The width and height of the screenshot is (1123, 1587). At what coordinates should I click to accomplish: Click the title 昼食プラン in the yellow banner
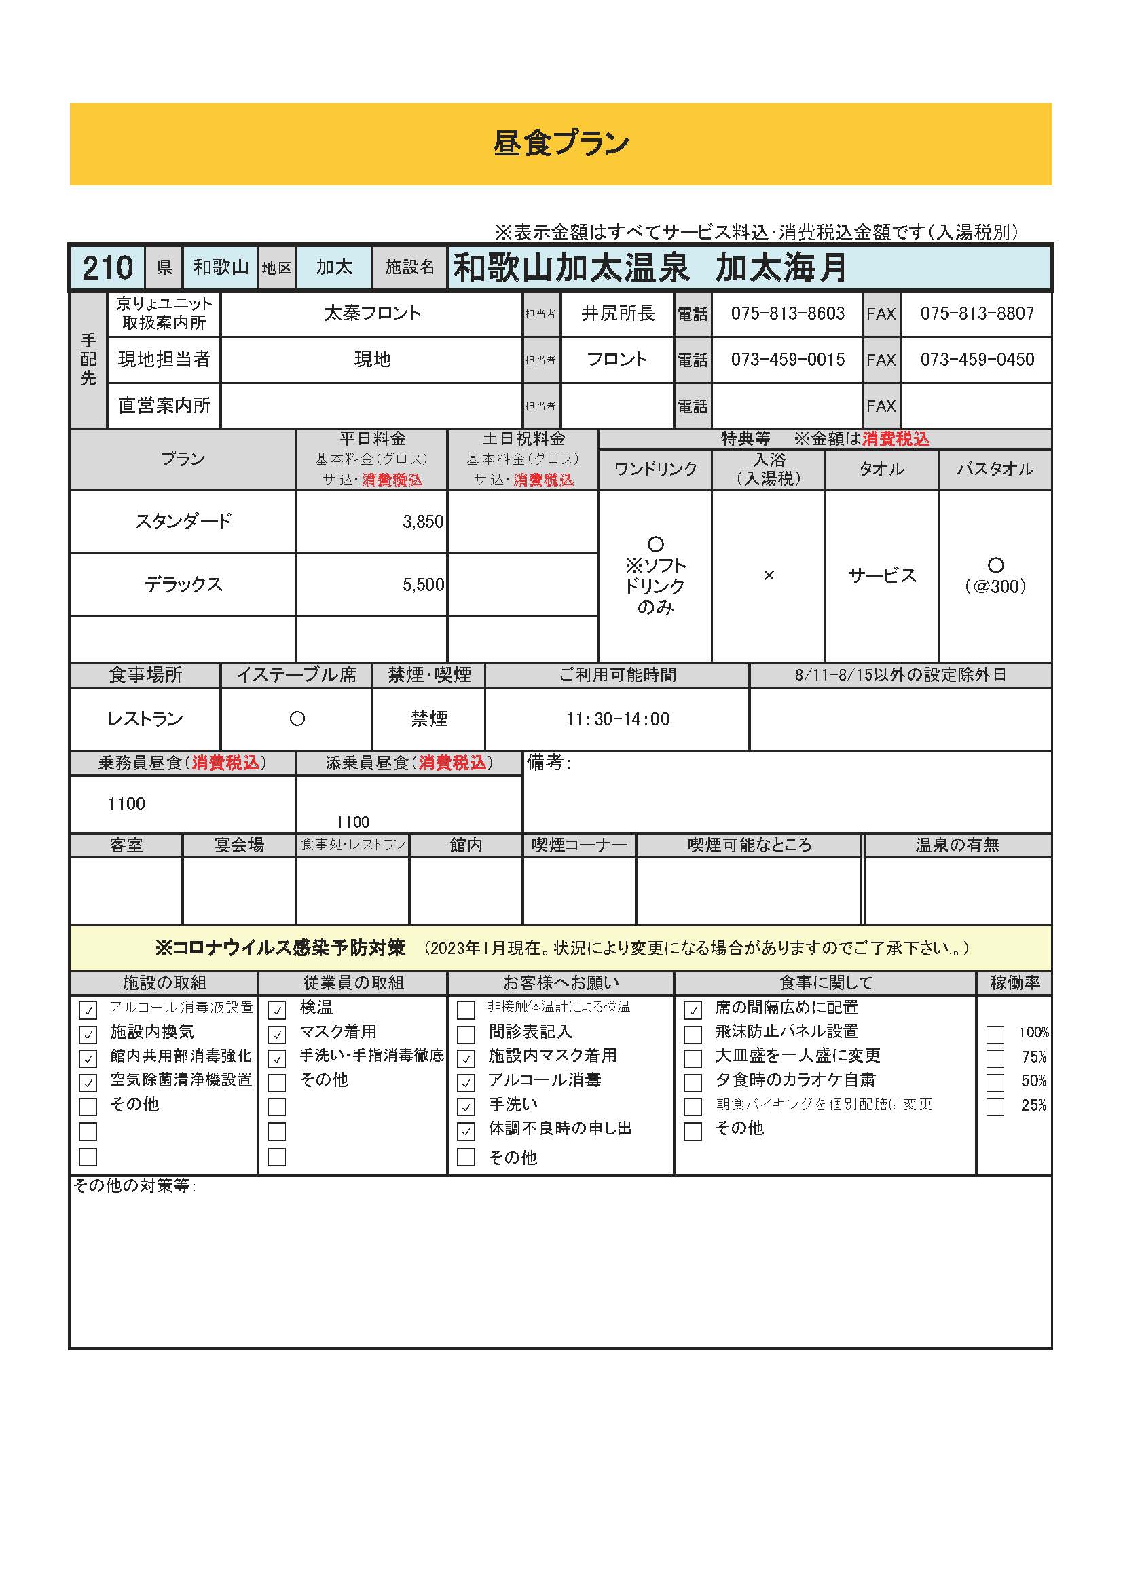pyautogui.click(x=561, y=144)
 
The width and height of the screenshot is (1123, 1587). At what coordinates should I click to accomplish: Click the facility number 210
pyautogui.click(x=107, y=267)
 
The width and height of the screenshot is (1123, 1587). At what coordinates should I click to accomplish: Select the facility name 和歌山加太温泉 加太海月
pyautogui.click(x=649, y=268)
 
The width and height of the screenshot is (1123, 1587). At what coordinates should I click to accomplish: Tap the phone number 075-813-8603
pyautogui.click(x=788, y=314)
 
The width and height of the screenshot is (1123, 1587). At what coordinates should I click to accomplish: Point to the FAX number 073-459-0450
pyautogui.click(x=976, y=360)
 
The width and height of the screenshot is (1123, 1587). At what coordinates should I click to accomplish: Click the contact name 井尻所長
pyautogui.click(x=617, y=314)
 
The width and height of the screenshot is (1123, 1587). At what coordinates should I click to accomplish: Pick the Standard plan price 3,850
pyautogui.click(x=422, y=522)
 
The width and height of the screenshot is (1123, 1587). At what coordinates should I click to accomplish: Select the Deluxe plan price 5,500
pyautogui.click(x=422, y=585)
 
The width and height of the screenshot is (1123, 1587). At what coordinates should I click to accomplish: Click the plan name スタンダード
pyautogui.click(x=183, y=521)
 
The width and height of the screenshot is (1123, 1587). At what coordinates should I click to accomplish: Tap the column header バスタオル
pyautogui.click(x=995, y=470)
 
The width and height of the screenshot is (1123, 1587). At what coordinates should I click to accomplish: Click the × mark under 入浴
pyautogui.click(x=769, y=576)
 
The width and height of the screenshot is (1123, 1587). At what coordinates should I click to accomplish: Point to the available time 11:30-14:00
pyautogui.click(x=617, y=719)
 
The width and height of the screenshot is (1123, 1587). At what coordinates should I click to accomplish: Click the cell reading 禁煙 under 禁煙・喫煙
pyautogui.click(x=428, y=719)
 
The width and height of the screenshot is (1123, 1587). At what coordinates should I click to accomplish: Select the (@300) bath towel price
pyautogui.click(x=995, y=587)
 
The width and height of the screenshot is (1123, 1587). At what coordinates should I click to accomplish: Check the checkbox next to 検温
pyautogui.click(x=276, y=1010)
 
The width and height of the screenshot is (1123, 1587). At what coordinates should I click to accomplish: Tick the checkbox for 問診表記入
pyautogui.click(x=466, y=1035)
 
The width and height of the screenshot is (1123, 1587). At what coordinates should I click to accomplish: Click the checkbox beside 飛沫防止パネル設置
pyautogui.click(x=693, y=1035)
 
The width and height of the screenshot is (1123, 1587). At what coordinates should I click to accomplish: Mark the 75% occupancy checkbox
pyautogui.click(x=995, y=1059)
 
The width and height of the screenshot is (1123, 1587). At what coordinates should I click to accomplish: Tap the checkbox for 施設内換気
pyautogui.click(x=88, y=1035)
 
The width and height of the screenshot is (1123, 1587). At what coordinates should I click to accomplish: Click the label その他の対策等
pyautogui.click(x=135, y=1186)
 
